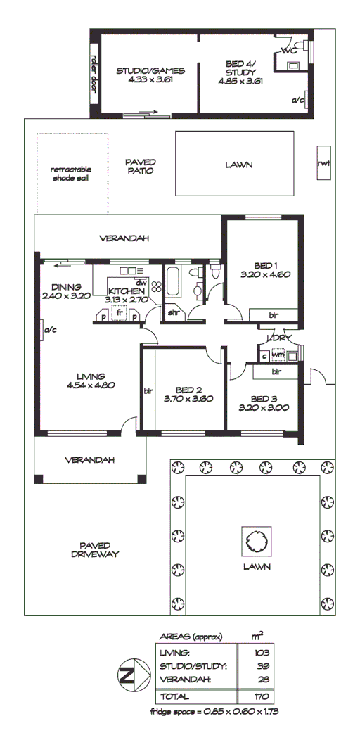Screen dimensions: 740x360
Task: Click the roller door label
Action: (94, 70)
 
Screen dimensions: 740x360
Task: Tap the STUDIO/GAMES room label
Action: (150, 71)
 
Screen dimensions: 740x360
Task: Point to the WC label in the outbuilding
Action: (288, 51)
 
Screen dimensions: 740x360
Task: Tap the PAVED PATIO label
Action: (140, 166)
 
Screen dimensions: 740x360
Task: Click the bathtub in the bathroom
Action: (173, 284)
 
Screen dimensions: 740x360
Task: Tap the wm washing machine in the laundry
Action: (278, 356)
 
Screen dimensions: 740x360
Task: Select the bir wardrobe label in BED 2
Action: (148, 391)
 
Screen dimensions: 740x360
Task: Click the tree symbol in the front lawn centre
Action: (254, 540)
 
